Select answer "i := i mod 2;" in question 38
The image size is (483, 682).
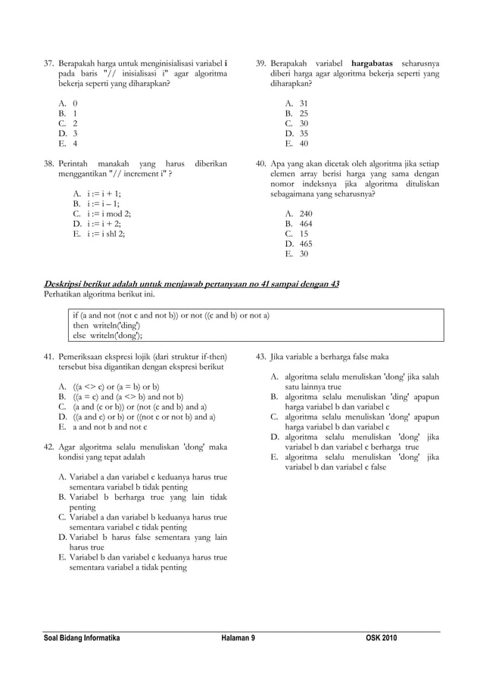(x=108, y=214)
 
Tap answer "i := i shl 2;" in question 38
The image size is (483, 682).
(x=106, y=234)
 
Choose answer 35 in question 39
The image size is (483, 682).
(x=303, y=133)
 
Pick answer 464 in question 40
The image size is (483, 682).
(x=305, y=225)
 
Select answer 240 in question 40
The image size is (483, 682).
(x=305, y=214)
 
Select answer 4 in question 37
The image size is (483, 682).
(x=75, y=143)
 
